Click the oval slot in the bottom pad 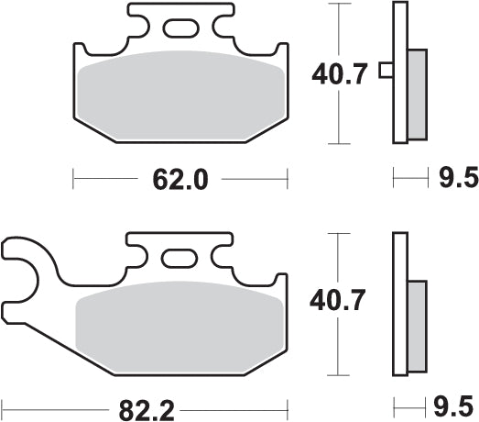click(x=180, y=258)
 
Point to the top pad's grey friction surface click(x=180, y=96)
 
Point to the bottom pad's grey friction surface click(x=180, y=326)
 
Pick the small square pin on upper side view click(x=387, y=70)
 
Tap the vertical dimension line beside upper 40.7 click(x=340, y=119)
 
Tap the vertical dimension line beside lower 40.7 click(x=340, y=349)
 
